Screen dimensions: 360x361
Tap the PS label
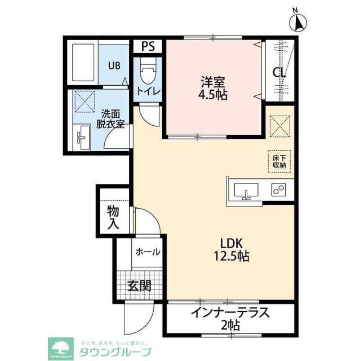[148, 46]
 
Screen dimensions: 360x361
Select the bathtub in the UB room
[83, 62]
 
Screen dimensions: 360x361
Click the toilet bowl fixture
[148, 71]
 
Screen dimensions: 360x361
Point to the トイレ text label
[148, 91]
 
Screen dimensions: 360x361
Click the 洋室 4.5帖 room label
[213, 88]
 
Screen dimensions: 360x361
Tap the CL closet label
[279, 73]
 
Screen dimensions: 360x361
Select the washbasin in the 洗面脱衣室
[82, 138]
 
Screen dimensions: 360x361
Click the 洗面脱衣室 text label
[110, 119]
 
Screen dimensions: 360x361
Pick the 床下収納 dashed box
[279, 161]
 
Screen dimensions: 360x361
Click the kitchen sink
[246, 191]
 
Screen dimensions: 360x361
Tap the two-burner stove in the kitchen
[278, 190]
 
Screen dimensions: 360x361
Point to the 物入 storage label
[113, 217]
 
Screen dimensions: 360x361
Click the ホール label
[148, 252]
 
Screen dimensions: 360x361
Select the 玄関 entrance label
[139, 286]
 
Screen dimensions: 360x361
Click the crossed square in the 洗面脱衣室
[85, 102]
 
